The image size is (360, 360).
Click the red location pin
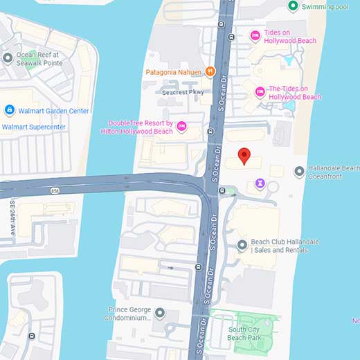(243, 156)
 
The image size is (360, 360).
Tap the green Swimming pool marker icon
(293, 6)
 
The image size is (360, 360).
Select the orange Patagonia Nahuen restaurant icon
(210, 71)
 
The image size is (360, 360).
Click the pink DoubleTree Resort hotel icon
(181, 125)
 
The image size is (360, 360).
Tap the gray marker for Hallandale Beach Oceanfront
(298, 170)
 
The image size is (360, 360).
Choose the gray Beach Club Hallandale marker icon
(242, 245)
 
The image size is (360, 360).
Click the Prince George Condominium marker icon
(160, 314)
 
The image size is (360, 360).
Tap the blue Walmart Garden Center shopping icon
(9, 110)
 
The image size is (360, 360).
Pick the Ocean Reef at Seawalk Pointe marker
(8, 58)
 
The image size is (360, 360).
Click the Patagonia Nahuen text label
(173, 72)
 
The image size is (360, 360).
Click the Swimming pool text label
(325, 6)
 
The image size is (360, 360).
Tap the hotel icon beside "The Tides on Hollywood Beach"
(260, 91)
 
